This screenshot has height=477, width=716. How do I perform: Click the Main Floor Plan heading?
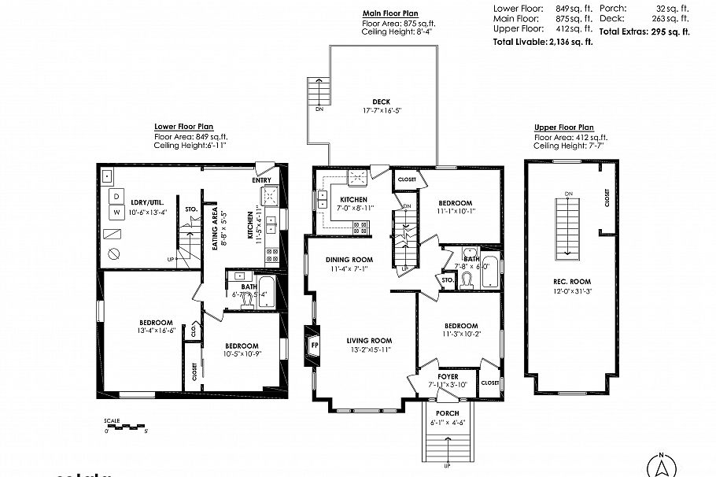[x=390, y=13]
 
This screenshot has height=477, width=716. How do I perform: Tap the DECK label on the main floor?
[x=381, y=102]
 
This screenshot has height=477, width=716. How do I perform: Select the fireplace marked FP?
[x=313, y=344]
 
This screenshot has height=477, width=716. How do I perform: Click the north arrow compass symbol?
[x=662, y=466]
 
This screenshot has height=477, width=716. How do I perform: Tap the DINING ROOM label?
[x=350, y=259]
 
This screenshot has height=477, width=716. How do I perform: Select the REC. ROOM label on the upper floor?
[x=571, y=281]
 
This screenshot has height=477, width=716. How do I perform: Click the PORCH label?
[x=446, y=413]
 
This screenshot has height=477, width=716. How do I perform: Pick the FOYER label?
[x=448, y=377]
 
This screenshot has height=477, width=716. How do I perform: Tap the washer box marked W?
[x=116, y=212]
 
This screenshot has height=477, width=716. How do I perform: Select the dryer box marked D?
[x=116, y=195]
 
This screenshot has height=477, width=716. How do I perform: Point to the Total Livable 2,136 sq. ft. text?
[x=542, y=42]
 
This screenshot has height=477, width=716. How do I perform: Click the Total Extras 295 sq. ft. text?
[x=644, y=32]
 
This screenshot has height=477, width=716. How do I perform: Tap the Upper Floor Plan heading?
[x=563, y=128]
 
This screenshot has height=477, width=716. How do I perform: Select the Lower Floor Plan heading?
[x=183, y=126]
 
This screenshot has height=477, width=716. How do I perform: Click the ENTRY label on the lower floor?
[x=261, y=180]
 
